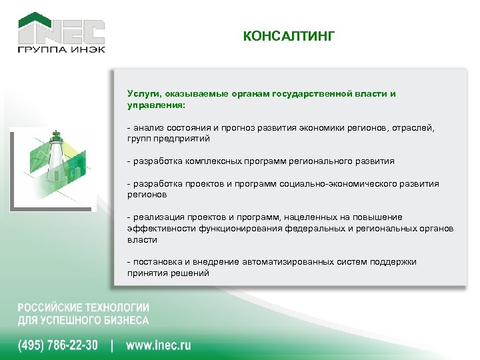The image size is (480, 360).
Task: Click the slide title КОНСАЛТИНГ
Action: tap(289, 35)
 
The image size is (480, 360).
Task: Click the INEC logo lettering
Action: tap(61, 31)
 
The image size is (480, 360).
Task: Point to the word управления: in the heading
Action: tap(156, 105)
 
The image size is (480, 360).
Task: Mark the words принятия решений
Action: tap(168, 273)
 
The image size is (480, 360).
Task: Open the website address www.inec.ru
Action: tap(158, 345)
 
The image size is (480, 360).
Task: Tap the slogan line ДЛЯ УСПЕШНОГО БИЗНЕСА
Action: tap(83, 320)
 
